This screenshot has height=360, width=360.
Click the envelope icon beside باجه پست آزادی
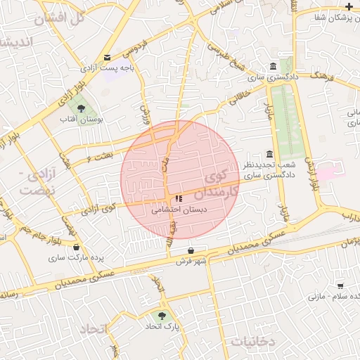point(107,58)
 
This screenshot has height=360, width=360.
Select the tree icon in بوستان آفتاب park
point(81,108)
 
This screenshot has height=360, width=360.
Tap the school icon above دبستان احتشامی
point(178,199)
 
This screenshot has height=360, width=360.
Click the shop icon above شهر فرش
point(191,250)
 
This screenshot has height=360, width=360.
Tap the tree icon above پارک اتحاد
point(162,316)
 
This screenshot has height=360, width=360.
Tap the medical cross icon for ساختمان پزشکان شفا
point(349,6)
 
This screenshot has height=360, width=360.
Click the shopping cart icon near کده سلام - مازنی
point(340,286)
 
